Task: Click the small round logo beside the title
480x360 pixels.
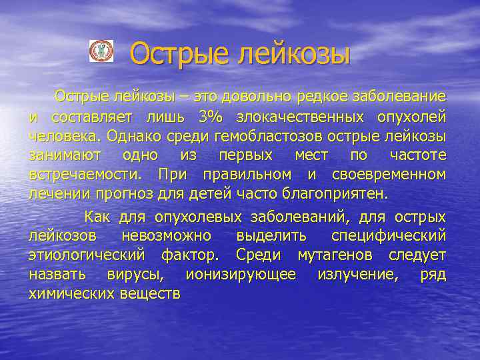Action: (x=101, y=52)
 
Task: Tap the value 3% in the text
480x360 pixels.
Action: (x=211, y=117)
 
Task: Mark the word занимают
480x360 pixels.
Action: (x=65, y=155)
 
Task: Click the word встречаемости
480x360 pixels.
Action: (x=85, y=175)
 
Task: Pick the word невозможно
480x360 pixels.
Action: (x=167, y=237)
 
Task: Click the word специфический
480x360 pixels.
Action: (x=389, y=237)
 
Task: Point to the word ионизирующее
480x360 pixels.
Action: (x=241, y=275)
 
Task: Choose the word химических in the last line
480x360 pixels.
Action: (x=71, y=295)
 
